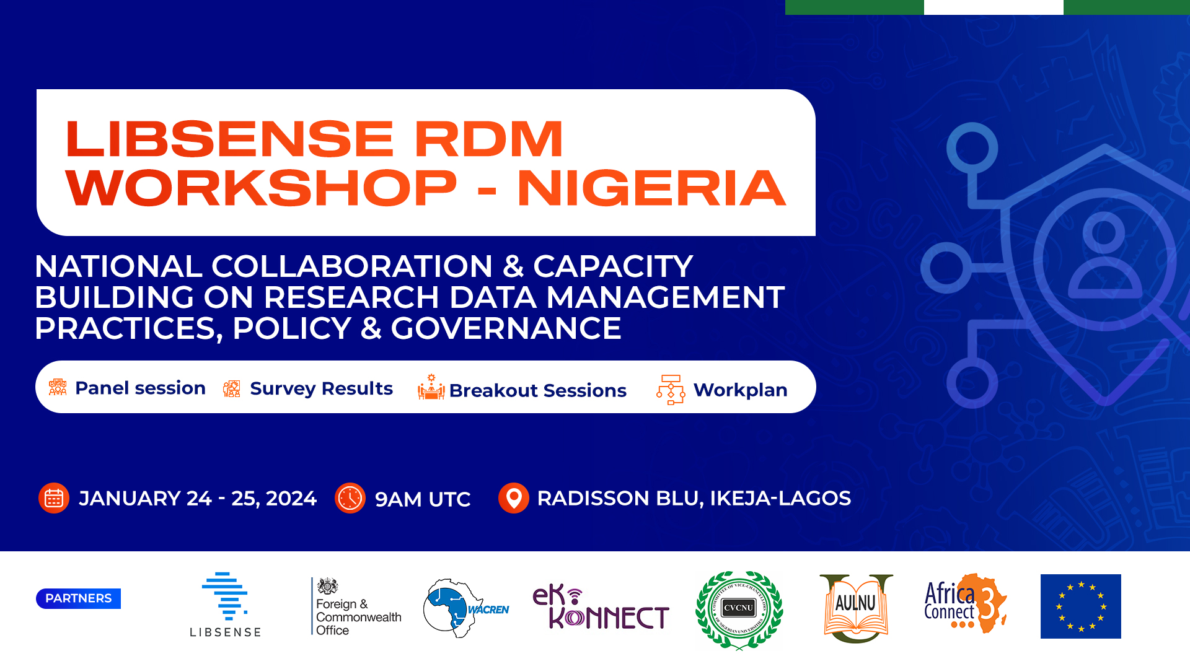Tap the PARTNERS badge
tap(78, 598)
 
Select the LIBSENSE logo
tap(225, 605)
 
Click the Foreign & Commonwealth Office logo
tap(356, 607)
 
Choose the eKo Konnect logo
tap(601, 607)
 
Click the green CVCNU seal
tap(739, 609)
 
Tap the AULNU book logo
tap(856, 608)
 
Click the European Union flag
tap(1080, 606)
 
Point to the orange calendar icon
tap(54, 498)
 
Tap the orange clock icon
tap(350, 498)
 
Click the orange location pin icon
tap(513, 498)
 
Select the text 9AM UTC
tap(423, 499)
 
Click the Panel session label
tap(140, 388)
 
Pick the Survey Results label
tap(321, 389)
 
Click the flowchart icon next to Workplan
tap(671, 390)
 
